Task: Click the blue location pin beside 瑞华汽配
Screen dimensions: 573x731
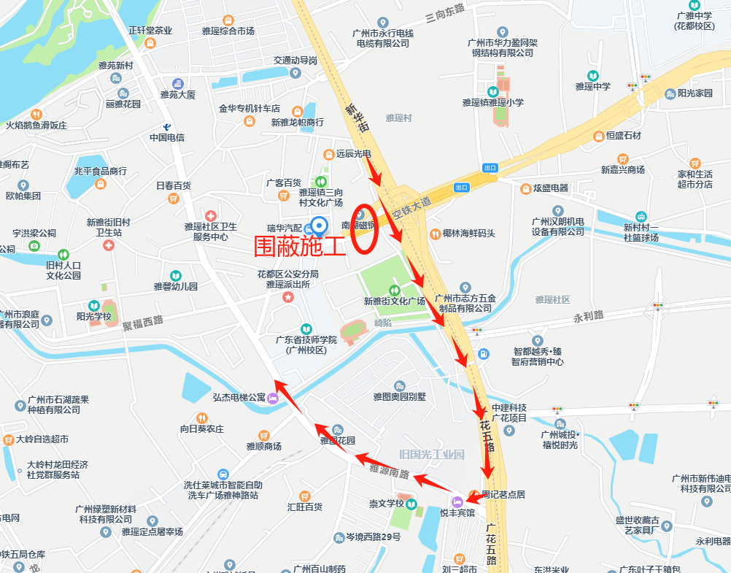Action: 318,226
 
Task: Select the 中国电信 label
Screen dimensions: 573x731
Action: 167,137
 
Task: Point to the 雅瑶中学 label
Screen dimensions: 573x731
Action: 592,86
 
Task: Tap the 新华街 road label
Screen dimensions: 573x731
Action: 355,121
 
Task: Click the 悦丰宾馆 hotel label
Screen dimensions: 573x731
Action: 457,512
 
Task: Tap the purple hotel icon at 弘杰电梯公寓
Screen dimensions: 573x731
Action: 272,398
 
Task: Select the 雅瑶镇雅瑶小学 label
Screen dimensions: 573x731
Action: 492,102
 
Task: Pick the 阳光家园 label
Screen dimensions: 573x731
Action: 695,93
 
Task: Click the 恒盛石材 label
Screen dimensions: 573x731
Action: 617,135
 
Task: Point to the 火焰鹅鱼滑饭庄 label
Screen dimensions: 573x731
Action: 36,125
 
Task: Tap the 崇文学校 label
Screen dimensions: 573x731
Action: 387,504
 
